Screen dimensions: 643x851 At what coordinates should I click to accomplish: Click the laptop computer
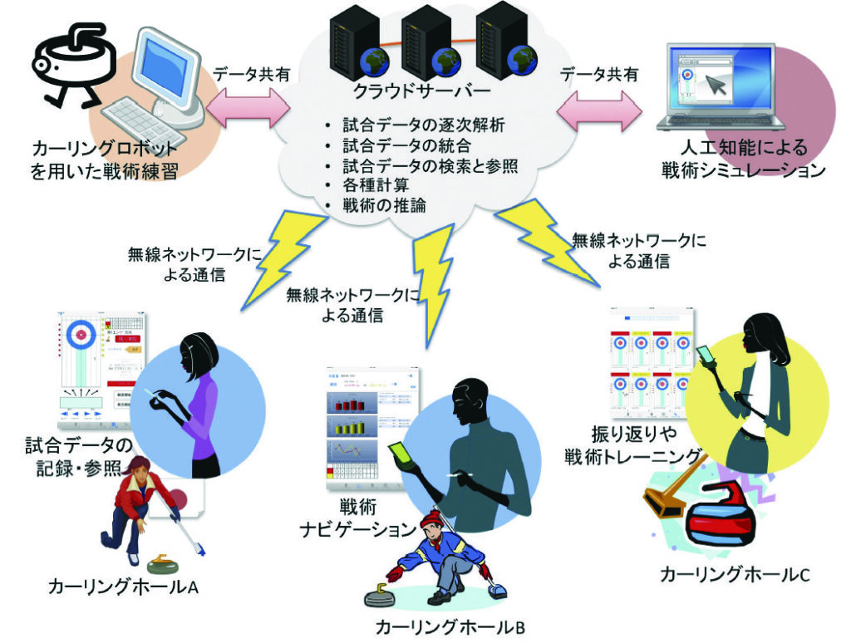pyautogui.click(x=720, y=91)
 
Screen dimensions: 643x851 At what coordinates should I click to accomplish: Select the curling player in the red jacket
pyautogui.click(x=145, y=507)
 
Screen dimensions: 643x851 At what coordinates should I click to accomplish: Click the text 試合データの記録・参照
pyautogui.click(x=79, y=453)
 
